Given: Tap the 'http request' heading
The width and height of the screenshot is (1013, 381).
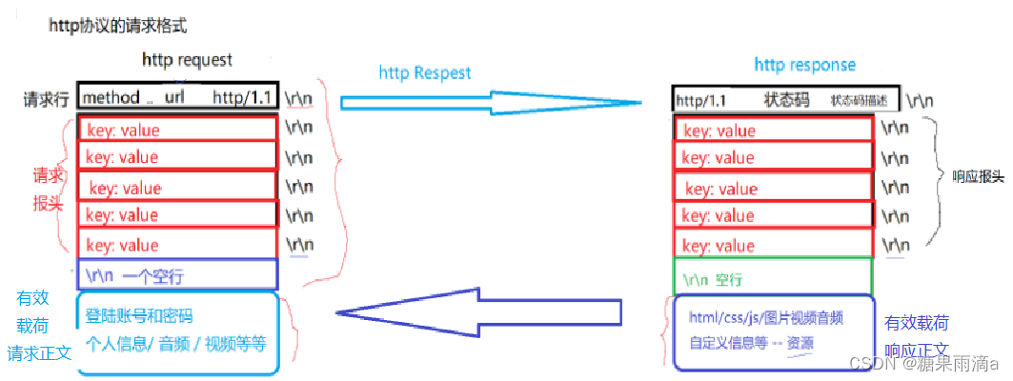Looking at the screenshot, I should pyautogui.click(x=187, y=60).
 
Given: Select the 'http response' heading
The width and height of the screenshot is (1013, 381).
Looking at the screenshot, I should pyautogui.click(x=804, y=65).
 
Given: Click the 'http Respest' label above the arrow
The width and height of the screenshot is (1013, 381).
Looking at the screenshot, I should pyautogui.click(x=425, y=72).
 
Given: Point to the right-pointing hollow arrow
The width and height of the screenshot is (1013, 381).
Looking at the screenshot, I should pyautogui.click(x=490, y=102).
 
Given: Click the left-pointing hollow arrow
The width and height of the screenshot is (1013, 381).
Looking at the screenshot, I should pyautogui.click(x=476, y=312).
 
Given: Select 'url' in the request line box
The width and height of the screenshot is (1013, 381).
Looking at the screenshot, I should pyautogui.click(x=174, y=97).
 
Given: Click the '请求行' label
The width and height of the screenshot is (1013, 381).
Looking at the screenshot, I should pyautogui.click(x=48, y=98).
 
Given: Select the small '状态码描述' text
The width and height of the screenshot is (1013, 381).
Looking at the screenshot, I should pyautogui.click(x=858, y=100).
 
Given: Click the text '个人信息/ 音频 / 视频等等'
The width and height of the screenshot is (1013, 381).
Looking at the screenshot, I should pyautogui.click(x=175, y=343).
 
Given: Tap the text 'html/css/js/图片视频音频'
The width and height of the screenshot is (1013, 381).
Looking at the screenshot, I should pyautogui.click(x=765, y=317).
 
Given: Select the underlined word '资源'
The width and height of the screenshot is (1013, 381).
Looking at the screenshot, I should pyautogui.click(x=800, y=344).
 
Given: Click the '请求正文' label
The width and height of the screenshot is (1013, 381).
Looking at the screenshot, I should pyautogui.click(x=40, y=352).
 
